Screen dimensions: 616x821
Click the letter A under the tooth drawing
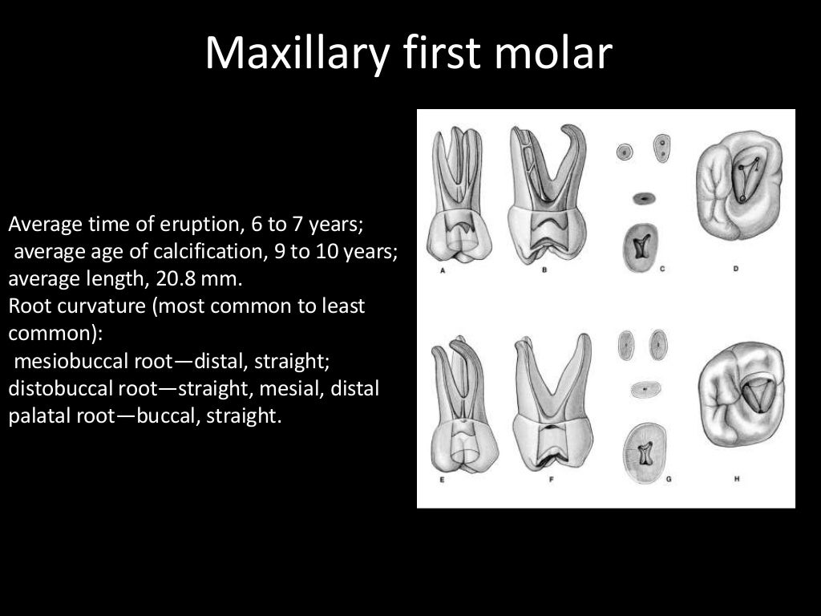442,270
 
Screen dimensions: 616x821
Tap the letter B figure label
544,270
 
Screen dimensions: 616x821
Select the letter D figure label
735,269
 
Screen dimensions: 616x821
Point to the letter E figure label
442,480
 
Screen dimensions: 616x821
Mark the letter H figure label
735,480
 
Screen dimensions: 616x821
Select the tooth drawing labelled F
552,401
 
